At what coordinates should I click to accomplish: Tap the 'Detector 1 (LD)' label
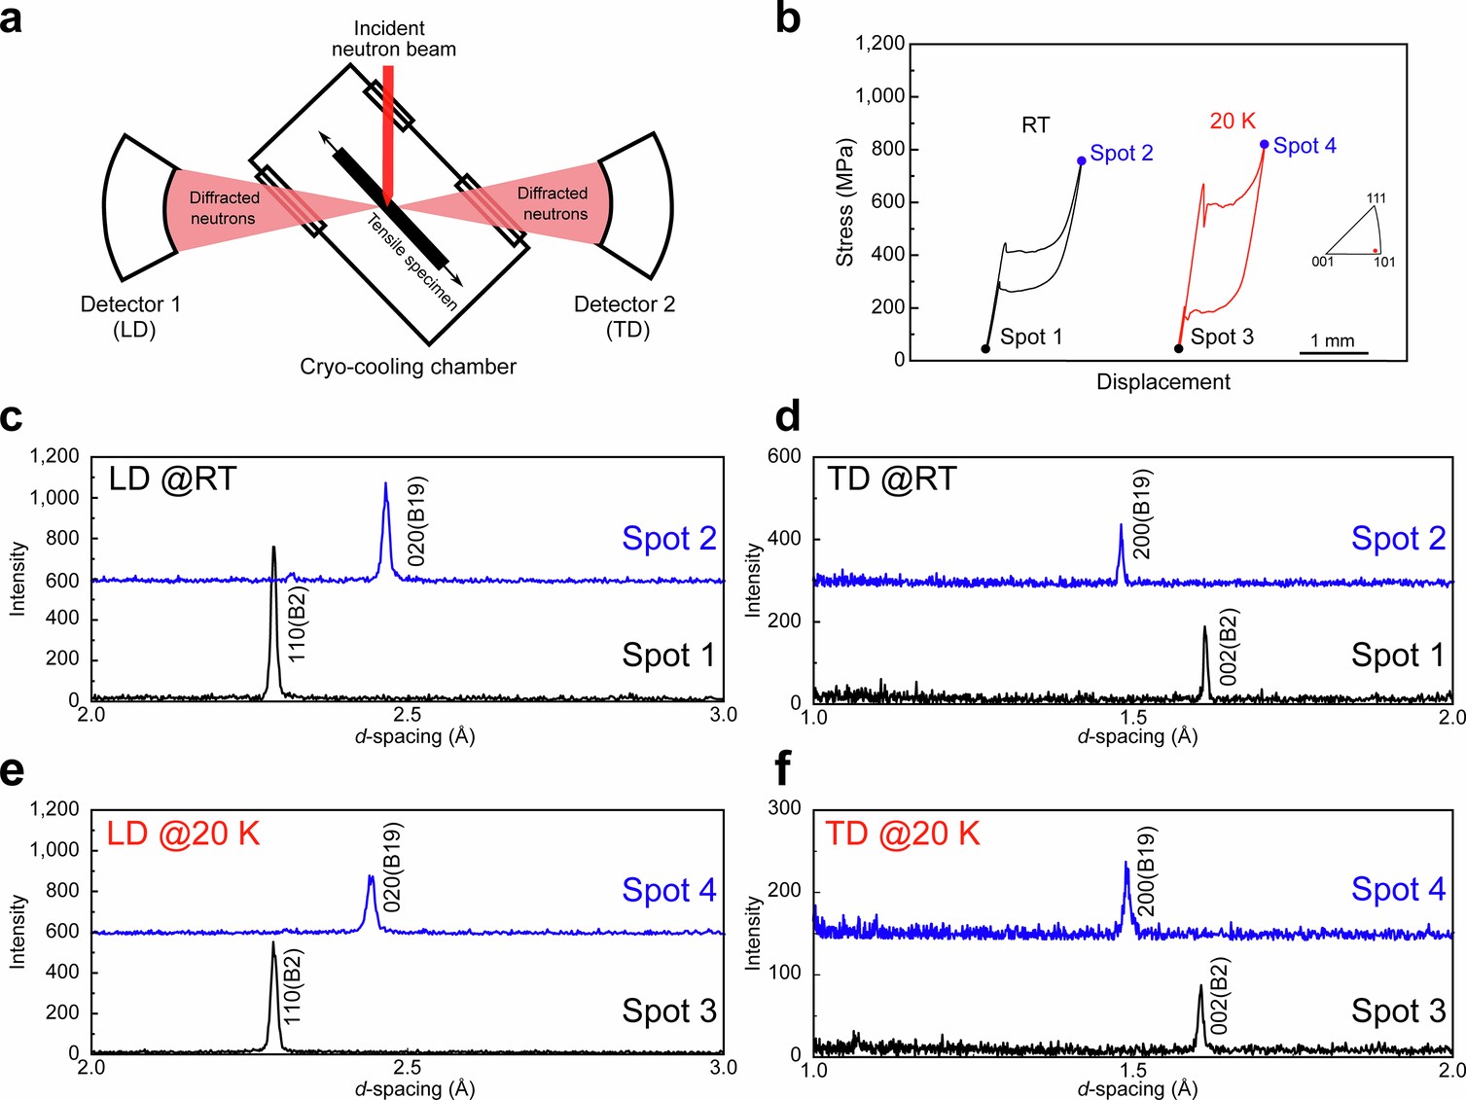(x=131, y=316)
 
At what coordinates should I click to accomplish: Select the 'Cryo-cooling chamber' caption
(x=408, y=367)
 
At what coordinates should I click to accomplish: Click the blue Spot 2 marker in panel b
(x=1082, y=160)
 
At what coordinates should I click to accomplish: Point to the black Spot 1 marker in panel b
(x=985, y=348)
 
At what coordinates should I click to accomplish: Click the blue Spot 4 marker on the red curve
(x=1264, y=144)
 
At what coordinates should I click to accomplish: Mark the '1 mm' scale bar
(x=1333, y=351)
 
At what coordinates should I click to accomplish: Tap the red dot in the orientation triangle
(x=1375, y=251)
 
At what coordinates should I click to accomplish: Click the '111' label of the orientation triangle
(x=1376, y=198)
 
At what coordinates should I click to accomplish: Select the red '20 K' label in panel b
(x=1233, y=121)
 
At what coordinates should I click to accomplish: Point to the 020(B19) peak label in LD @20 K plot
(x=392, y=867)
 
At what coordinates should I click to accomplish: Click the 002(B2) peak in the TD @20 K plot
(x=1200, y=1011)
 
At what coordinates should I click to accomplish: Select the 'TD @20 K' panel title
(x=902, y=834)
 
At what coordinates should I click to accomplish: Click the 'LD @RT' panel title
(x=172, y=479)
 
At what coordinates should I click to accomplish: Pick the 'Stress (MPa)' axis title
(x=844, y=202)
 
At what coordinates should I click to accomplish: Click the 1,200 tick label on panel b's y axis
(x=878, y=44)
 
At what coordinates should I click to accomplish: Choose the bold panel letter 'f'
(x=785, y=769)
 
